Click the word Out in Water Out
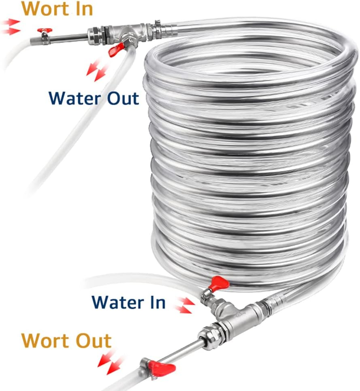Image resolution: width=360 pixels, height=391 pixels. (x=119, y=98)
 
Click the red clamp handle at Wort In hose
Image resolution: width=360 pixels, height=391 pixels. (x=45, y=31)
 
